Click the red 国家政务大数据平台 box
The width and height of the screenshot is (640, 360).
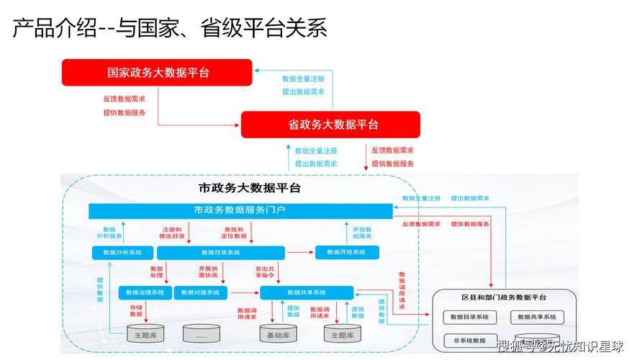pos(158,72)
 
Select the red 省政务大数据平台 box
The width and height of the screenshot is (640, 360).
pos(330,124)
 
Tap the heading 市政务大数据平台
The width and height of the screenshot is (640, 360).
pos(249,189)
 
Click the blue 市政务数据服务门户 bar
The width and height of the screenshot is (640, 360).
pos(240,210)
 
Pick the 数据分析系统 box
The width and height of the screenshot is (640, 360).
pos(122,253)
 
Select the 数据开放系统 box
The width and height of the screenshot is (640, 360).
pos(346,252)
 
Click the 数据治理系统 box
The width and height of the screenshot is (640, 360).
pos(145,292)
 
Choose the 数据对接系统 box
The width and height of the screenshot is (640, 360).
pos(201,292)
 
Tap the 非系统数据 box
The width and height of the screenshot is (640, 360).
pos(469,340)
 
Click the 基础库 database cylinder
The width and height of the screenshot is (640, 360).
pos(279,335)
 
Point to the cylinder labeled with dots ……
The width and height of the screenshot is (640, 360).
pos(201,335)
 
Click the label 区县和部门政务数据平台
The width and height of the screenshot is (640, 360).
pos(504,297)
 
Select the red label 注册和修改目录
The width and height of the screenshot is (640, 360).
pos(171,233)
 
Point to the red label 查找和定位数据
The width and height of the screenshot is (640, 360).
pos(233,233)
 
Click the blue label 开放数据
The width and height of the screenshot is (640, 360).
pos(362,233)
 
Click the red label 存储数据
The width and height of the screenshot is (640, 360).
pos(136,311)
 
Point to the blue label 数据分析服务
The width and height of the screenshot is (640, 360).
pos(109,233)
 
